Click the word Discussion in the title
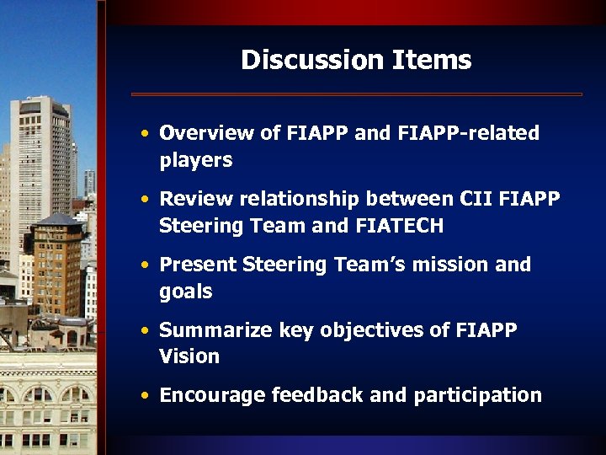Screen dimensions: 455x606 pyautogui.click(x=311, y=60)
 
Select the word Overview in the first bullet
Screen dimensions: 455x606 pyautogui.click(x=206, y=133)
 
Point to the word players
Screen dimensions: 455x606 pyautogui.click(x=195, y=160)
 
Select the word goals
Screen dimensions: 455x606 pyautogui.click(x=186, y=292)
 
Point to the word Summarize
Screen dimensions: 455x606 pyautogui.click(x=210, y=329)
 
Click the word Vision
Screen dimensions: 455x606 pyautogui.click(x=189, y=356)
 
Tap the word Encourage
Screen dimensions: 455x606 pyautogui.click(x=210, y=395)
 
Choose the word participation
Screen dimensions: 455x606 pyautogui.click(x=477, y=395)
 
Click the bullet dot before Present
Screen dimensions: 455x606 pyautogui.click(x=146, y=265)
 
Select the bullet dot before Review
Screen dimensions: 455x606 pyautogui.click(x=146, y=200)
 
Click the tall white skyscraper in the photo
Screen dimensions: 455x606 pyautogui.click(x=40, y=169)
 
